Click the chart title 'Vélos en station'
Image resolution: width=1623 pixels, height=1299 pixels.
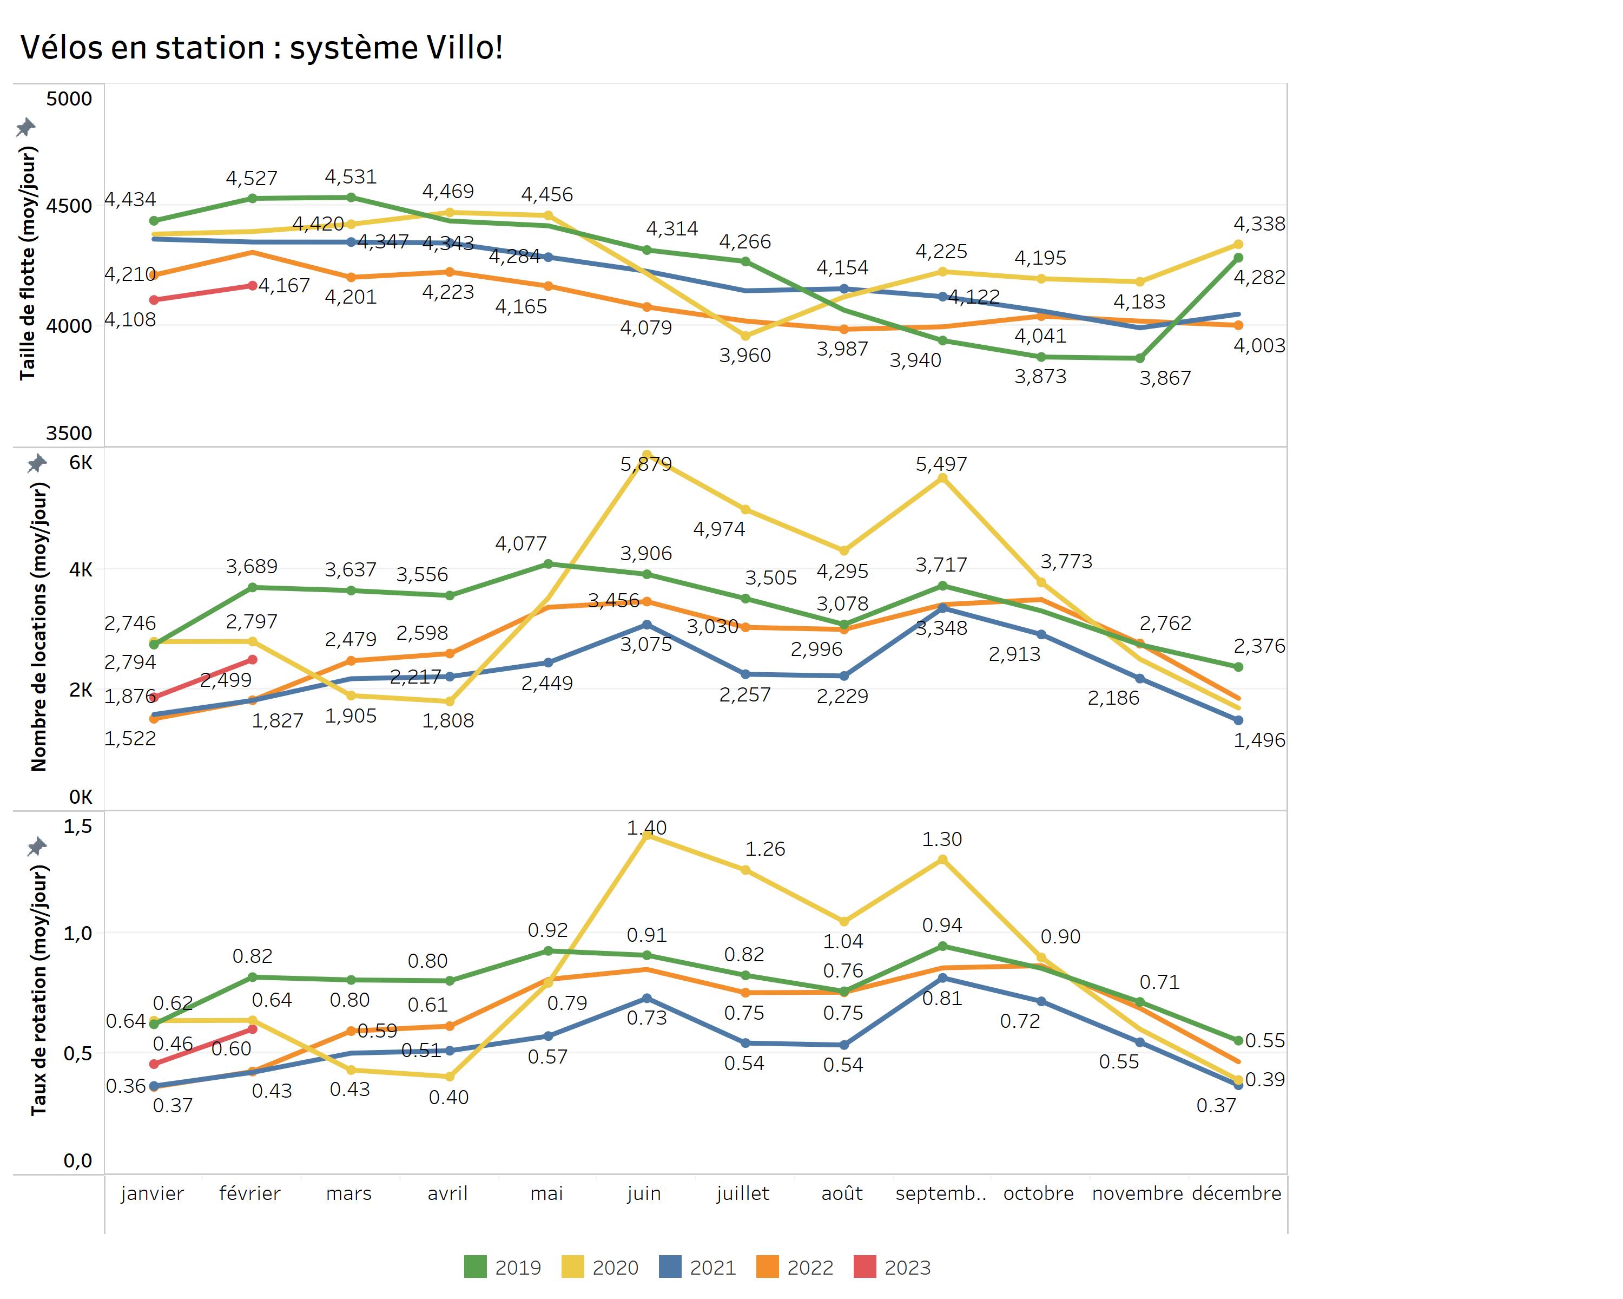pyautogui.click(x=260, y=48)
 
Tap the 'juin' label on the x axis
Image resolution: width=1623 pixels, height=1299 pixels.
pyautogui.click(x=644, y=1193)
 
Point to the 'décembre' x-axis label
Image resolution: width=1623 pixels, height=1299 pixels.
pyautogui.click(x=1237, y=1193)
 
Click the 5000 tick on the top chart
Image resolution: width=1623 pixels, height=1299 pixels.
pyautogui.click(x=69, y=99)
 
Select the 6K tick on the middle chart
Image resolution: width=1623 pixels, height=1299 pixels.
pyautogui.click(x=81, y=462)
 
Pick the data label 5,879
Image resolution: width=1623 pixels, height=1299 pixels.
pyautogui.click(x=646, y=464)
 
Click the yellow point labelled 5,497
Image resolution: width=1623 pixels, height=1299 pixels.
pyautogui.click(x=942, y=478)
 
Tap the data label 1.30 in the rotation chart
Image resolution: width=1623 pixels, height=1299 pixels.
pyautogui.click(x=942, y=839)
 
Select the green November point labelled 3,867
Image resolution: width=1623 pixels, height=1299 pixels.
pyautogui.click(x=1140, y=358)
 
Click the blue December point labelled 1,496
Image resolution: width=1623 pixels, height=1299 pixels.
pyautogui.click(x=1238, y=720)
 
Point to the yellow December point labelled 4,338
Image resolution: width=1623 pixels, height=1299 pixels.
pyautogui.click(x=1238, y=244)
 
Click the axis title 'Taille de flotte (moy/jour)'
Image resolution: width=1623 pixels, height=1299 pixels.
pyautogui.click(x=28, y=264)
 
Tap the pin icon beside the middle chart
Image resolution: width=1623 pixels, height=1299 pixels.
pyautogui.click(x=37, y=463)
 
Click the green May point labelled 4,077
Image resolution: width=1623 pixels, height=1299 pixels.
pyautogui.click(x=548, y=563)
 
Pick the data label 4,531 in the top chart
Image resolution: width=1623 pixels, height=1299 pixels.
pyautogui.click(x=351, y=177)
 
